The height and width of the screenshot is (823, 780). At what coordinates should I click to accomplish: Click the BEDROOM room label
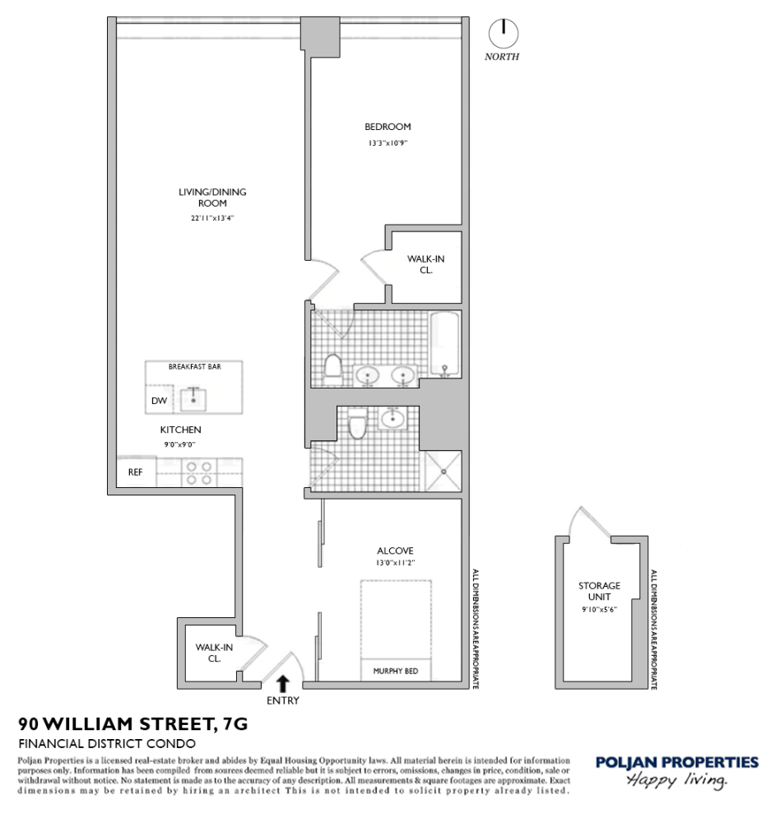388,127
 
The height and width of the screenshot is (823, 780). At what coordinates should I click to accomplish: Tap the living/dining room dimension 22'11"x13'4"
212,218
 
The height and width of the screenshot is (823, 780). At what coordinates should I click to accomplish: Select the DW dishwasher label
159,401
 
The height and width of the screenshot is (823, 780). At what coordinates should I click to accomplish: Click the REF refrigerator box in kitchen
133,472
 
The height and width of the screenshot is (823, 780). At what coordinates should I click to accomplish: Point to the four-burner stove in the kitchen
198,472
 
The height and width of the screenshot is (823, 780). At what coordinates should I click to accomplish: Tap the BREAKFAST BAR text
193,366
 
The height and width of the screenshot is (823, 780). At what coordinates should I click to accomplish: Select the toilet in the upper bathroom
333,367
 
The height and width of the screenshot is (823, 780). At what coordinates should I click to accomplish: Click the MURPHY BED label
397,671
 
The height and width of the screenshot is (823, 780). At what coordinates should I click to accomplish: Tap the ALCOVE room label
395,551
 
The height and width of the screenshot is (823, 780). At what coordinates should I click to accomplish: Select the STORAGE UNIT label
599,591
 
